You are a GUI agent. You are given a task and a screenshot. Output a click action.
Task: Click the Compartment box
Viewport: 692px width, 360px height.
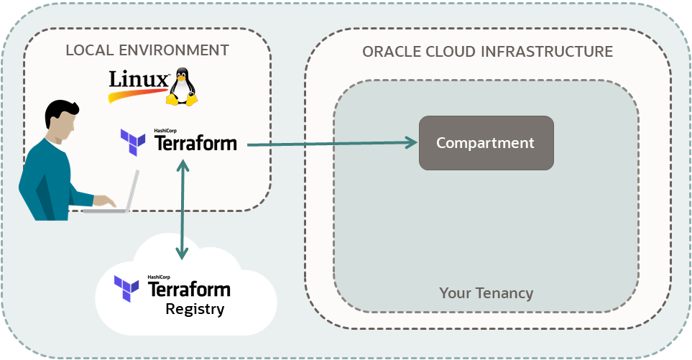click(486, 143)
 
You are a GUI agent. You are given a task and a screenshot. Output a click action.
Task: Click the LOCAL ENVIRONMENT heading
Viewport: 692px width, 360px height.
click(147, 50)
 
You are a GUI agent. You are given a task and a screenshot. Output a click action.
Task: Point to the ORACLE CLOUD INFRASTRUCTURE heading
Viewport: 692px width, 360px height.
click(487, 52)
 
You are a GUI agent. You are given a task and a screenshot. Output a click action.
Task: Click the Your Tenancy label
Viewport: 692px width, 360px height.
click(486, 293)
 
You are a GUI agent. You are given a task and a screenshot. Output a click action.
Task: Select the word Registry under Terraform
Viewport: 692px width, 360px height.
click(195, 310)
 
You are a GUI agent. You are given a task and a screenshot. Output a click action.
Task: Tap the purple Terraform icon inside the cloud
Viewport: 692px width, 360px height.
click(127, 287)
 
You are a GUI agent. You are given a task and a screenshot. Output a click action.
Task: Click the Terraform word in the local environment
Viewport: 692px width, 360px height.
click(195, 143)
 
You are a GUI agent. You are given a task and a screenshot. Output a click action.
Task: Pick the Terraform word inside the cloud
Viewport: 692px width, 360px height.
click(189, 290)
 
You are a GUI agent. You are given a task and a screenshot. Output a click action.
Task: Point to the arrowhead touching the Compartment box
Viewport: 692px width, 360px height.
click(411, 142)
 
